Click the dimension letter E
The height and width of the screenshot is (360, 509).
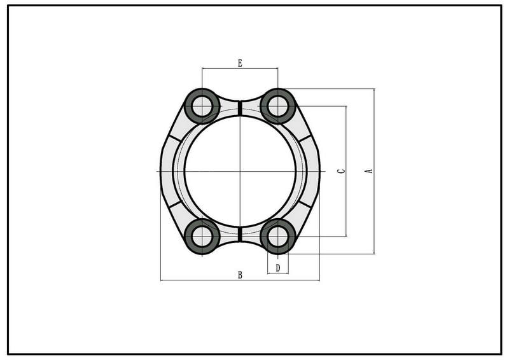(x=240, y=63)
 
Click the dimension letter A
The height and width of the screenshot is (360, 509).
(x=370, y=170)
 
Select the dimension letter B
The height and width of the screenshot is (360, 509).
(x=241, y=275)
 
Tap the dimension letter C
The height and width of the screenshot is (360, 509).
(x=342, y=170)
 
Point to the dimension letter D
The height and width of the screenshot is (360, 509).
(x=278, y=268)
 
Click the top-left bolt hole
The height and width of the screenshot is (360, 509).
(x=202, y=106)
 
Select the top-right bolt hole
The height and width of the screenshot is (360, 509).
(x=278, y=106)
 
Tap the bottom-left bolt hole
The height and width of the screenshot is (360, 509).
(x=202, y=237)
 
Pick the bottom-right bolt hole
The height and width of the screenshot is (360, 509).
(x=278, y=237)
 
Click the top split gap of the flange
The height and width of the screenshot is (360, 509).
(x=241, y=107)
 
